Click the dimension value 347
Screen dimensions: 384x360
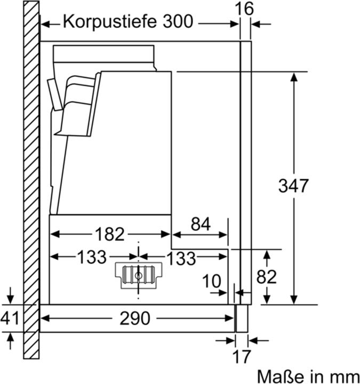[x=293, y=186]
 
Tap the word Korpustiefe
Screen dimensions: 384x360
[x=110, y=23]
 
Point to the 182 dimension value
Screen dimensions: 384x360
[x=109, y=234]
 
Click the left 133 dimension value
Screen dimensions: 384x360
[x=92, y=258]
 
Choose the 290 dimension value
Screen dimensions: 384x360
[x=134, y=318]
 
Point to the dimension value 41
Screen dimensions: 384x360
[x=10, y=318]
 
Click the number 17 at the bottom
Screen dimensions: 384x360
[x=242, y=355]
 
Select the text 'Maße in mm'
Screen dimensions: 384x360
[x=307, y=375]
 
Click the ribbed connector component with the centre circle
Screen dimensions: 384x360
[x=138, y=276]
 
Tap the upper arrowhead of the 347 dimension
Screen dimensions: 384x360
[x=293, y=76]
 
